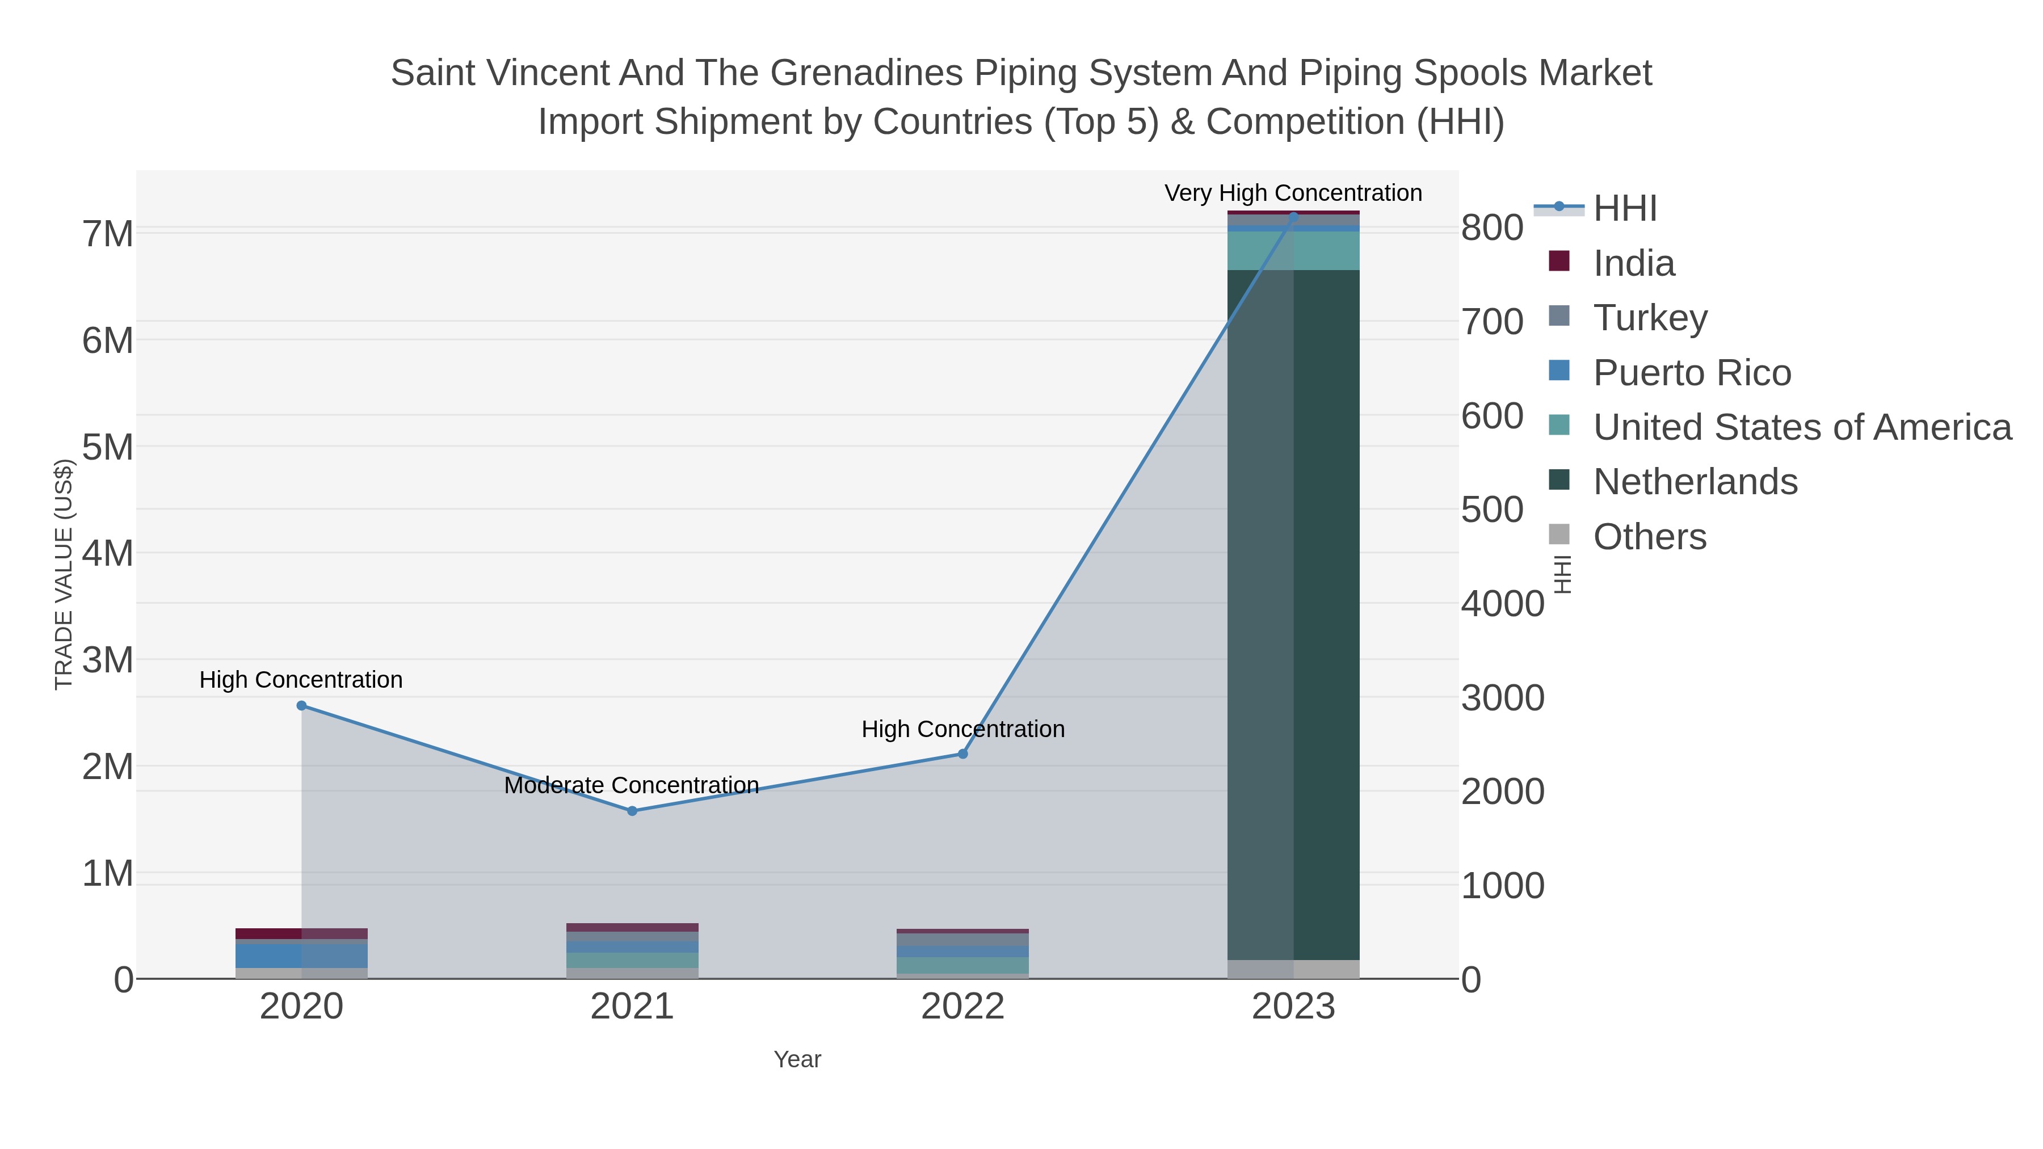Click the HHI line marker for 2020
coord(301,706)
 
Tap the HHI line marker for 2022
coord(963,754)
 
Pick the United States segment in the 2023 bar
coord(1293,251)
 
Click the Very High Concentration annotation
coord(1293,193)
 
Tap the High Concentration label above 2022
coord(963,729)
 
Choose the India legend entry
coord(1634,263)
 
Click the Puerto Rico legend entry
coord(1692,373)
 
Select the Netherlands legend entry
coord(1695,482)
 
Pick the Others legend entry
coord(1650,537)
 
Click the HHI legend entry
coord(1625,209)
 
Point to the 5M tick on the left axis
coord(108,447)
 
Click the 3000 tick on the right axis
coord(1502,698)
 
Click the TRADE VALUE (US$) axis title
coord(64,574)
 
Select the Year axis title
coord(797,1059)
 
